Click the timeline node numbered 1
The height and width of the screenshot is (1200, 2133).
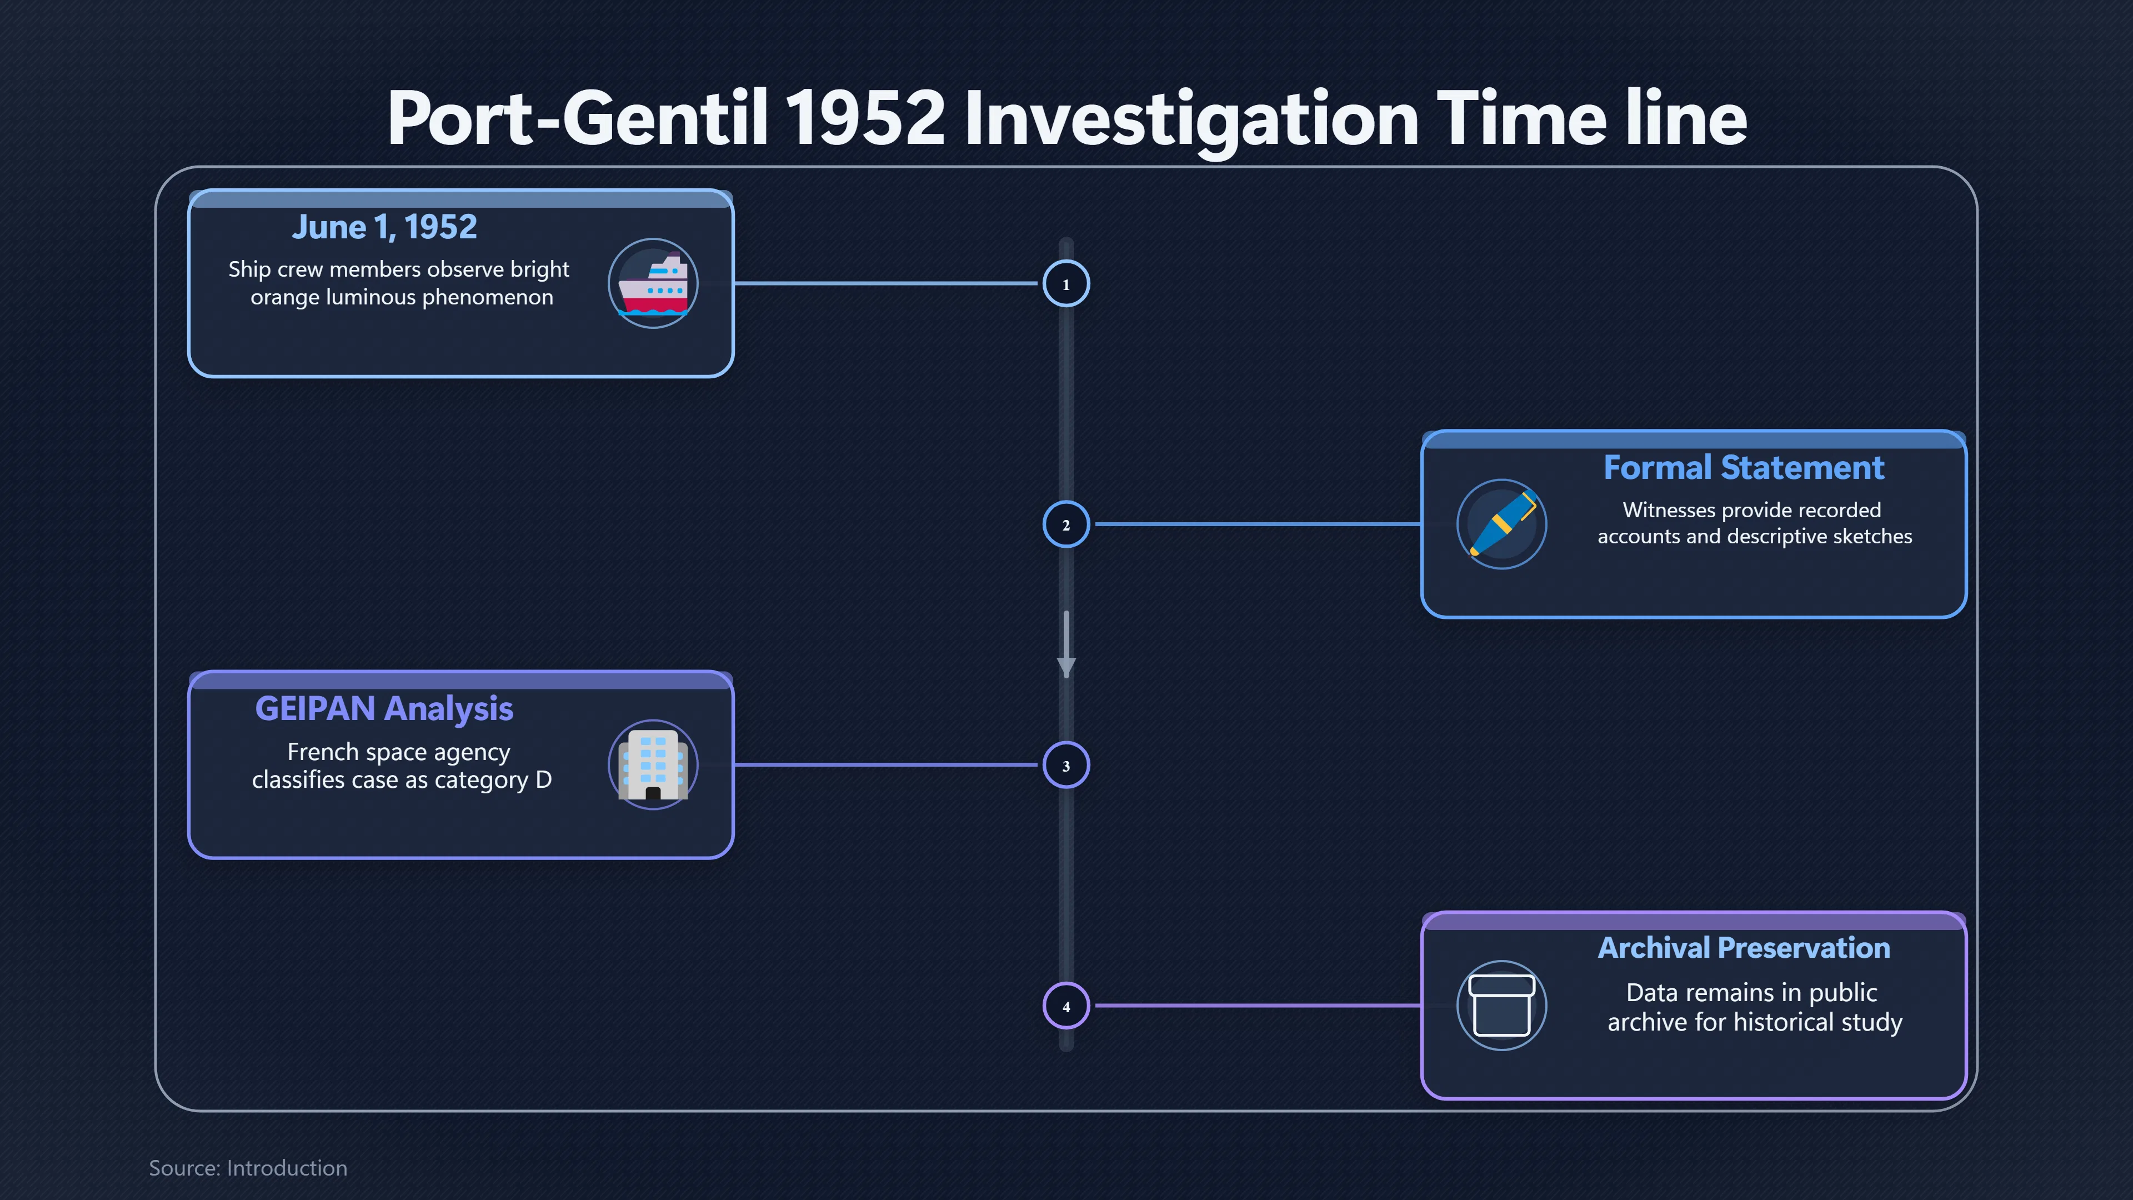click(x=1066, y=284)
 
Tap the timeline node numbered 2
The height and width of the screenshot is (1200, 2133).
click(x=1066, y=524)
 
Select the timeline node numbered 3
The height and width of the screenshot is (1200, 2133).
click(x=1066, y=765)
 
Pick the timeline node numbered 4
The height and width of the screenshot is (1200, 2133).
click(x=1066, y=1006)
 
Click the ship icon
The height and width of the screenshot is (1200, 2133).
click(x=653, y=284)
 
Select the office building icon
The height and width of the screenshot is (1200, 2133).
click(x=653, y=765)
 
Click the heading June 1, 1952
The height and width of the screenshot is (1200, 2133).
click(x=384, y=227)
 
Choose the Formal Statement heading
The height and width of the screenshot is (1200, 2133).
click(x=1744, y=468)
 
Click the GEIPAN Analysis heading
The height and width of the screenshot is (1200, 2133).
click(x=384, y=709)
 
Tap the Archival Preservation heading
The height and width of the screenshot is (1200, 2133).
click(x=1744, y=947)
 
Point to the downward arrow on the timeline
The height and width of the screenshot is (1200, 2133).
click(x=1066, y=645)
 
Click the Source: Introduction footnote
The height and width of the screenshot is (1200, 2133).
click(x=248, y=1168)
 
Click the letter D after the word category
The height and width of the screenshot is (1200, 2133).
click(x=543, y=780)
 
